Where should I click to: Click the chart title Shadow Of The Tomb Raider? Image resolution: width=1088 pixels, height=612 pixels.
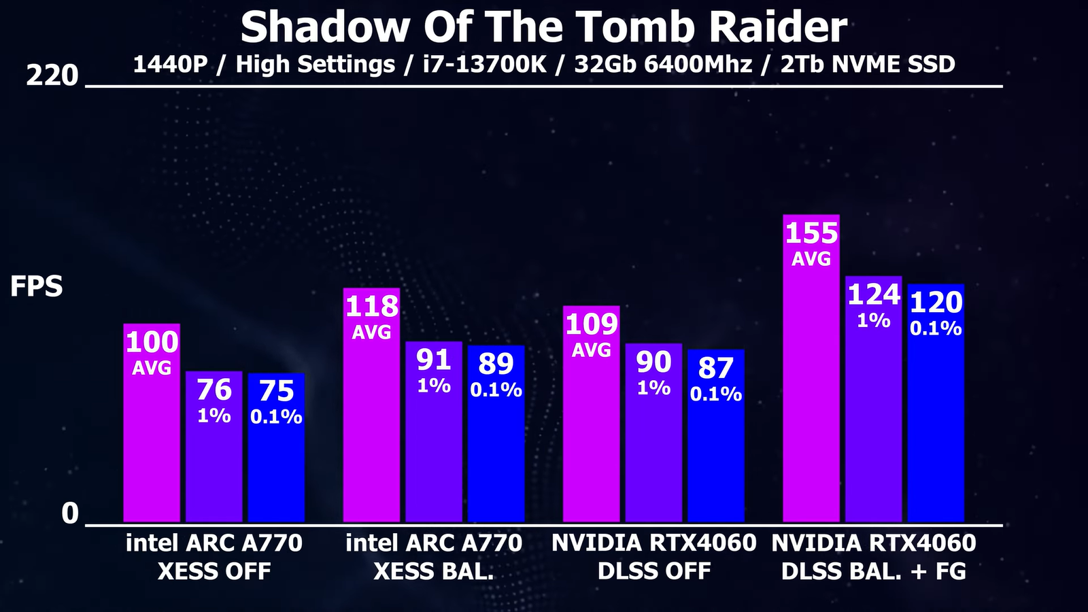(543, 27)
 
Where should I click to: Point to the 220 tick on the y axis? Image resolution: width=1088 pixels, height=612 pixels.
(52, 75)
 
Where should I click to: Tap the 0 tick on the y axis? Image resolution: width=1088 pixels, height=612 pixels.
(70, 513)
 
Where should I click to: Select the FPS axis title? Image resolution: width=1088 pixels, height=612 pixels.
(36, 287)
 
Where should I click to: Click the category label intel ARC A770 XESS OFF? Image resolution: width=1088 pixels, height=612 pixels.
(214, 557)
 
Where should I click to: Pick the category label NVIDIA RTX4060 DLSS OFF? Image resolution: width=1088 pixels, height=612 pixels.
(653, 557)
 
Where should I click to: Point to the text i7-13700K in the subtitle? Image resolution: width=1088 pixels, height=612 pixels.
(484, 65)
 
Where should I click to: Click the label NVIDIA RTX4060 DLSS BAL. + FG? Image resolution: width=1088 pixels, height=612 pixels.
(874, 557)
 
